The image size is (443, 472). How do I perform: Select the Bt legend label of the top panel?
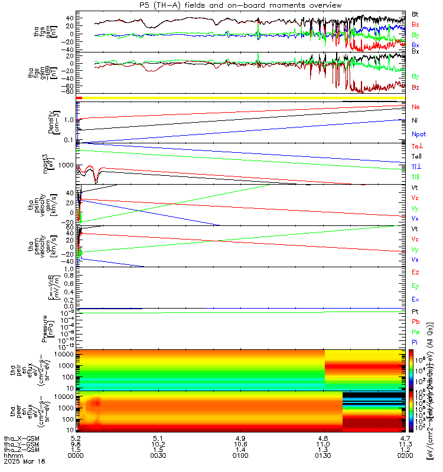(415, 13)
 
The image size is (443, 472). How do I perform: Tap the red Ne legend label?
(415, 107)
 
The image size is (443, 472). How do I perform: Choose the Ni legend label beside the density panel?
(415, 120)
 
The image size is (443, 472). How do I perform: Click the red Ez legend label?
(415, 273)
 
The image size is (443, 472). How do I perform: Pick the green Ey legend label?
(415, 286)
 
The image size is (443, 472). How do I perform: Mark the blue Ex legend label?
(415, 300)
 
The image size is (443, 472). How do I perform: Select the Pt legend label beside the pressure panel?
(415, 311)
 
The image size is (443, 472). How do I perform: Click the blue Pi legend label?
(415, 342)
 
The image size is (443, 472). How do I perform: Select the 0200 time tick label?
(405, 456)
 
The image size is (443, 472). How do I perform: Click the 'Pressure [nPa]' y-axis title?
(52, 327)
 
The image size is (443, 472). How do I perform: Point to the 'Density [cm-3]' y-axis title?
(52, 122)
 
